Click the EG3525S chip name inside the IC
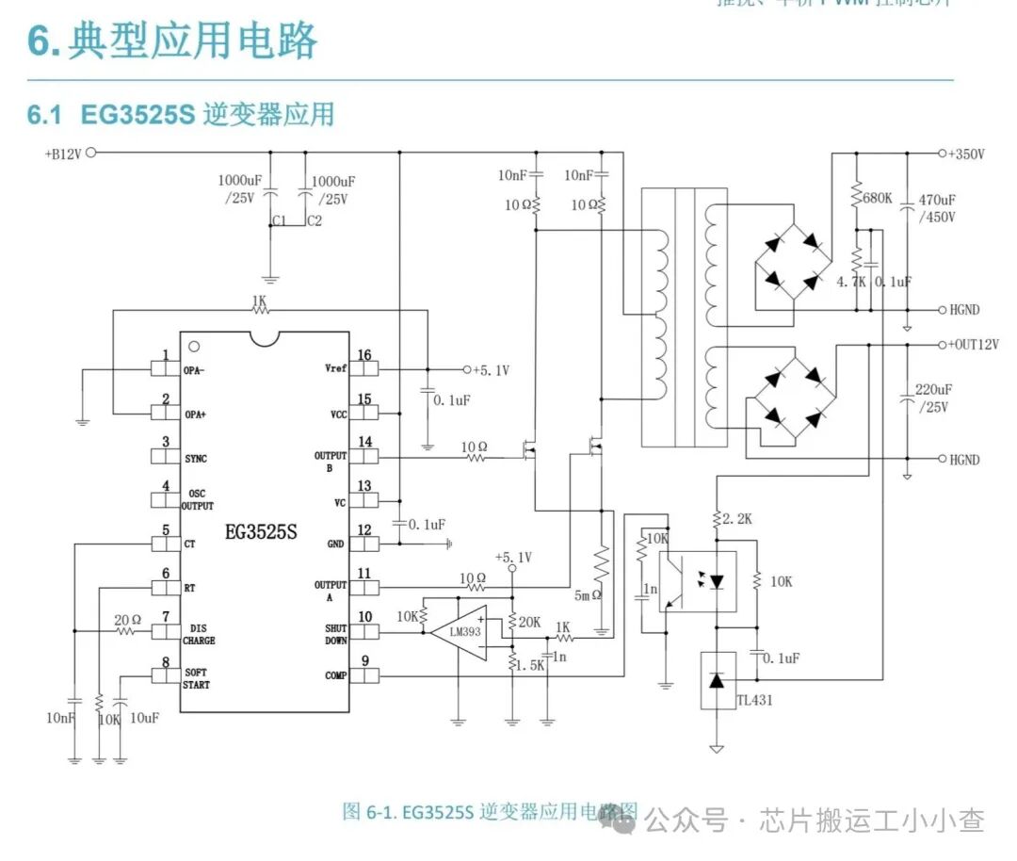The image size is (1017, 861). tap(261, 532)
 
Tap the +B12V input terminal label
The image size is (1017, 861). tap(62, 154)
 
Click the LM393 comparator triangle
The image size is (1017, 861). tap(461, 632)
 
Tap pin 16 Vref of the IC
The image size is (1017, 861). tap(363, 368)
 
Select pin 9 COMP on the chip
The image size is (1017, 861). tap(363, 674)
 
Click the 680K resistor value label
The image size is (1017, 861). tap(877, 199)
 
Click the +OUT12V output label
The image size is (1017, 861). tap(974, 345)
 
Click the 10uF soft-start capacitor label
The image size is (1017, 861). tap(144, 718)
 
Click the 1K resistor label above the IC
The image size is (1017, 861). tap(259, 302)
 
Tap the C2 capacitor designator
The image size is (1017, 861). tap(315, 221)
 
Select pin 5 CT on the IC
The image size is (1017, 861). tap(166, 543)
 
